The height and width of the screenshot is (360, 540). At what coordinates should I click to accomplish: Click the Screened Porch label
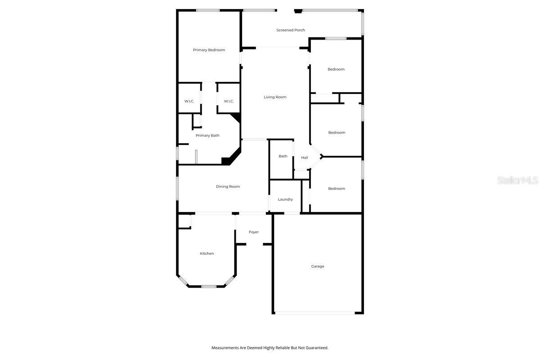[290, 30]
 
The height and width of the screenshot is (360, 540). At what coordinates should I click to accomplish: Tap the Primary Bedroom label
[209, 50]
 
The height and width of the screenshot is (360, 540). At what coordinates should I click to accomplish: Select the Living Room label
[275, 97]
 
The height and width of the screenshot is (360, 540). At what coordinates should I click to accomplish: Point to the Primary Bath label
[207, 135]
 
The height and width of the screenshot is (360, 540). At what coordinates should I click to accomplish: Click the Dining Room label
[228, 187]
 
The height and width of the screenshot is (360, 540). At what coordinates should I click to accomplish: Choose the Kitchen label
[207, 254]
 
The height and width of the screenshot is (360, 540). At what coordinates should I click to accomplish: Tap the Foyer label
[254, 232]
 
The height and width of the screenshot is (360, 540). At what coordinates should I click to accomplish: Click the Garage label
[317, 266]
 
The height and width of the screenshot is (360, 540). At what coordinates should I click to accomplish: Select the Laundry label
[285, 199]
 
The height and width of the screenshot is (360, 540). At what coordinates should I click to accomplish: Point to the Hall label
[305, 158]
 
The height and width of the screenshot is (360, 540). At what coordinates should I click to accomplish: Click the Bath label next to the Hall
[283, 157]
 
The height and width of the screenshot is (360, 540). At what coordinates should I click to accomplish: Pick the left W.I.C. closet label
[189, 101]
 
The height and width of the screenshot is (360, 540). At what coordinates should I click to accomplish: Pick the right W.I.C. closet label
[229, 101]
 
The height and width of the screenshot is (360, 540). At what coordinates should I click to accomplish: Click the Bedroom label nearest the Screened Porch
[336, 69]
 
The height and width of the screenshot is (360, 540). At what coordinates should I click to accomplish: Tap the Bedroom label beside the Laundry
[336, 189]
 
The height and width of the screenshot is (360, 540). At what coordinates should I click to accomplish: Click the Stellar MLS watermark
[517, 180]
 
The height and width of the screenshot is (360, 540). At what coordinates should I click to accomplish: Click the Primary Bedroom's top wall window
[208, 10]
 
